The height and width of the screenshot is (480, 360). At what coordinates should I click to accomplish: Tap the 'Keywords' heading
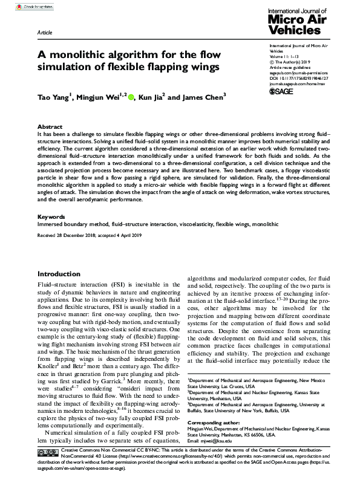tap(51, 216)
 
